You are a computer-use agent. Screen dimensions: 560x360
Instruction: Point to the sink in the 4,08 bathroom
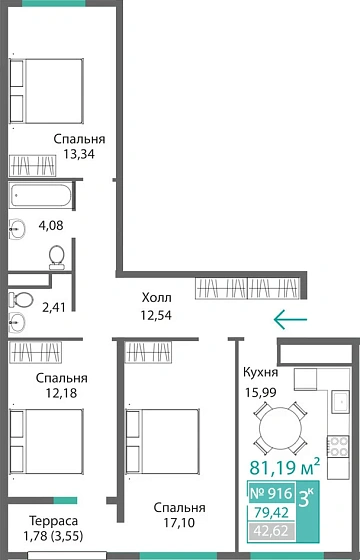tap(17, 225)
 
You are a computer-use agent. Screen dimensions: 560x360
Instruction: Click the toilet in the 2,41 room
tap(16, 299)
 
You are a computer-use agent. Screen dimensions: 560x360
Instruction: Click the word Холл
tap(157, 298)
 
